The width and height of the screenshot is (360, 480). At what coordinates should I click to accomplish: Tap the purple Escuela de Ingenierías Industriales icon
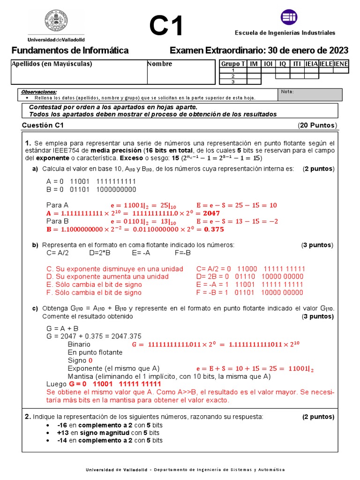[x=289, y=17]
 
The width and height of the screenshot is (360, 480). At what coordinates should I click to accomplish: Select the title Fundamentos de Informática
[x=69, y=51]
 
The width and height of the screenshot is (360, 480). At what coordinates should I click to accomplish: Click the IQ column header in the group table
[x=283, y=64]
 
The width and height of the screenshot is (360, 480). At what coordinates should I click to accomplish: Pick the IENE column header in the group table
[x=341, y=64]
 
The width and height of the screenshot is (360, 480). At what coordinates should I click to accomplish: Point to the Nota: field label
[x=287, y=91]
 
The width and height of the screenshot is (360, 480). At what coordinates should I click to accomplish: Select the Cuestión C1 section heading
[x=43, y=125]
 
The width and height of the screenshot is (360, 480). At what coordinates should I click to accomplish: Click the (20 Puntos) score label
[x=317, y=125]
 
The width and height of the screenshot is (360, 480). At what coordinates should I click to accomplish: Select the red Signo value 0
[x=90, y=360]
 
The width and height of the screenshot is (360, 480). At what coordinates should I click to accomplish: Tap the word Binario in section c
[x=79, y=344]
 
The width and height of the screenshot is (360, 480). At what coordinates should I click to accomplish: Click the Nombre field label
[x=160, y=64]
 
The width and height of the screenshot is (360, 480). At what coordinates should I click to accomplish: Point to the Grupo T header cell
[x=232, y=64]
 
